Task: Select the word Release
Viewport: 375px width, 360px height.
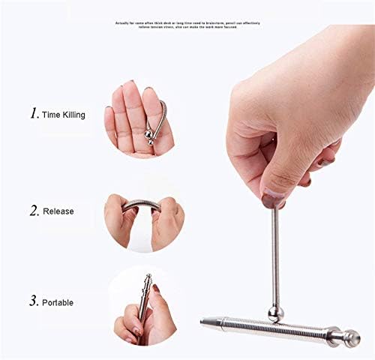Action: pyautogui.click(x=58, y=211)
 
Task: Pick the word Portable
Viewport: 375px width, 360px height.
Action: pyautogui.click(x=58, y=302)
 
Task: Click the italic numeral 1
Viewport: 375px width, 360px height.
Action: pyautogui.click(x=34, y=114)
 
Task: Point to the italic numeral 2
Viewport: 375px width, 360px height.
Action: pyautogui.click(x=34, y=211)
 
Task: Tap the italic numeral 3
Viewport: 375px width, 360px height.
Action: pyautogui.click(x=34, y=301)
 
